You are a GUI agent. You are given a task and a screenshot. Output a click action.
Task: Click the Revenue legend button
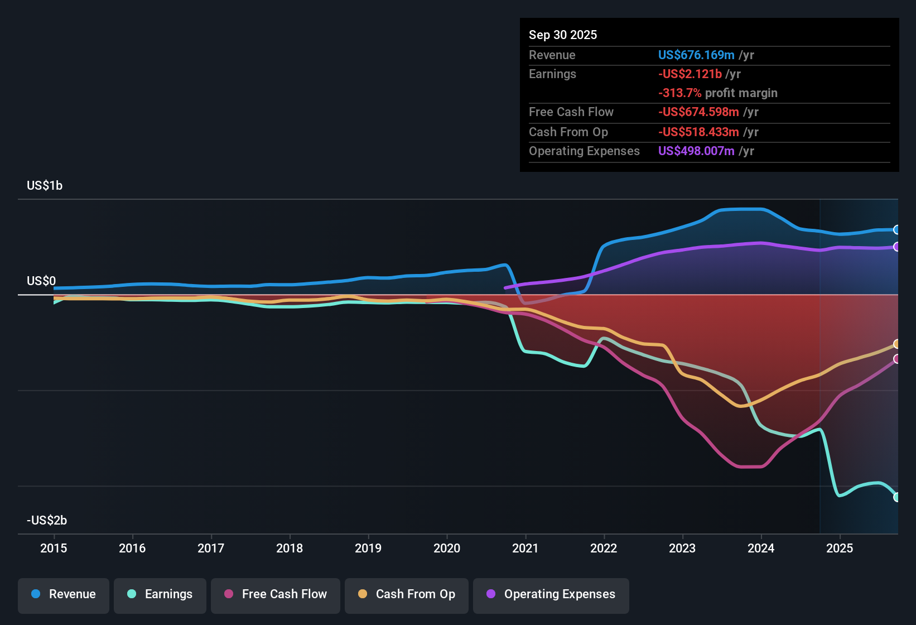tap(64, 594)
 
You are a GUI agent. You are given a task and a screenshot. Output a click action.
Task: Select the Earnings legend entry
tap(160, 594)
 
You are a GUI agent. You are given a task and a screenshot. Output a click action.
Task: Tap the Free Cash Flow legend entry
tap(276, 594)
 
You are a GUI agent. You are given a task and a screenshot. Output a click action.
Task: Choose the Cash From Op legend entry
tap(407, 594)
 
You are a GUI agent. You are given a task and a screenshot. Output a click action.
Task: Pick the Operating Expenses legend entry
tap(551, 594)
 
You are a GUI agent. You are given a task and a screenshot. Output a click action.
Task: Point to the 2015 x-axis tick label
tap(54, 548)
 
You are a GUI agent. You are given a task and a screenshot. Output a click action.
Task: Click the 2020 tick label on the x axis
tap(447, 548)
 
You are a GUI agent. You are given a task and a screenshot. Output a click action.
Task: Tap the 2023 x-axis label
tap(682, 548)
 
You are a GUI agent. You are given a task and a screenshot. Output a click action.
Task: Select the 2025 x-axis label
tap(839, 548)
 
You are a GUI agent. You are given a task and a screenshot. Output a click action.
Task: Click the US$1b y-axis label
tap(45, 185)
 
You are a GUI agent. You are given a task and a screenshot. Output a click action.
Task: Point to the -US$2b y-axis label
tap(47, 520)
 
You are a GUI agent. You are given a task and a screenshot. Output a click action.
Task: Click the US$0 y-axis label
tap(41, 281)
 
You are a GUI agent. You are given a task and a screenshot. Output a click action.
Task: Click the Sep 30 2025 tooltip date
tap(562, 35)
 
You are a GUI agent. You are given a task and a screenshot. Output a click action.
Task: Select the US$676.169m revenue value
tap(696, 55)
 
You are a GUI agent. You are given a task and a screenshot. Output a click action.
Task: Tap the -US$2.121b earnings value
tap(690, 74)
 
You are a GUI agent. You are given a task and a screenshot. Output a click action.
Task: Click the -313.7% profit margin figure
tap(679, 93)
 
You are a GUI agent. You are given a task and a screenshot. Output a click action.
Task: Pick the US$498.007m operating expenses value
tap(696, 151)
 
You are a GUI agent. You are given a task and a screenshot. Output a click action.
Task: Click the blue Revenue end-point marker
tap(896, 229)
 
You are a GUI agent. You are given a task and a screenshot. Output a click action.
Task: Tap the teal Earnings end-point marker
tap(896, 497)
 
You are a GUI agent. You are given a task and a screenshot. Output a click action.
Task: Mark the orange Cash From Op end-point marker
tap(896, 344)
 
